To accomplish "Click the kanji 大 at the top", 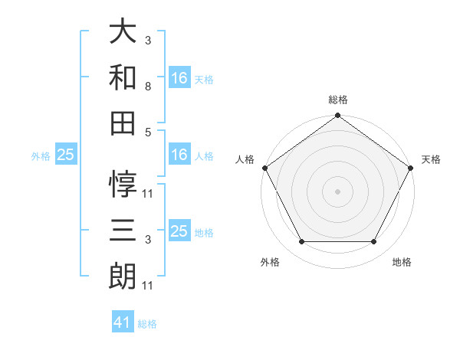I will (123, 32).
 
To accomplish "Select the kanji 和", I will (123, 77).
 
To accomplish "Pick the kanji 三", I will (123, 230).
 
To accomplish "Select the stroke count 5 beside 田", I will (147, 132).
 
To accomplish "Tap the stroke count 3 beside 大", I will (147, 39).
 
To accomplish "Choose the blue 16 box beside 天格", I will (179, 77).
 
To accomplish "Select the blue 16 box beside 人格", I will (179, 155).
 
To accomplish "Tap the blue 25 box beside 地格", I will (179, 231).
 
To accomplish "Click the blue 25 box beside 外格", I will (65, 155).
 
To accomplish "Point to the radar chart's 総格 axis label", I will (338, 100).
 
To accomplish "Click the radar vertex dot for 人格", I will (264, 167).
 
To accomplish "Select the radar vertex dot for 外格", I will (301, 242).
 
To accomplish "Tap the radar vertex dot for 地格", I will (374, 242).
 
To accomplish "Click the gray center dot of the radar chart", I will (338, 191).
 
